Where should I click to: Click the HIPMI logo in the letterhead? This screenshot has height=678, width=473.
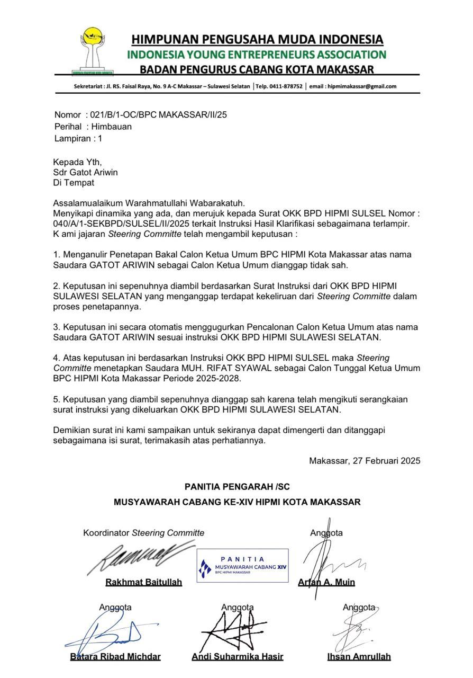[x=93, y=51]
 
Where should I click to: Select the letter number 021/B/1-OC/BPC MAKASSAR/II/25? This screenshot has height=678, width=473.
[x=159, y=114]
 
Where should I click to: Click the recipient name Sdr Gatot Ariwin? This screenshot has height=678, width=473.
[x=85, y=172]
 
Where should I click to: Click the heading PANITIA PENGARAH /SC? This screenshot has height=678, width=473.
[x=237, y=487]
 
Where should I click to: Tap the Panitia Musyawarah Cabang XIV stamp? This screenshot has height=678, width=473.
[x=242, y=566]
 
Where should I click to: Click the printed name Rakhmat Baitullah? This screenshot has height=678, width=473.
[x=144, y=582]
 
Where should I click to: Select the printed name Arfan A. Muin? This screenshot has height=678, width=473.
[x=326, y=582]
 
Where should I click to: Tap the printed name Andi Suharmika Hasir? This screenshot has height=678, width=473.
[x=237, y=656]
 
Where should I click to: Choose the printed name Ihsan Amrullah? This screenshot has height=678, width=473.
[x=359, y=656]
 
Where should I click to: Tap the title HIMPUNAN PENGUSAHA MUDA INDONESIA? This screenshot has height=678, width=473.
[x=257, y=40]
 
